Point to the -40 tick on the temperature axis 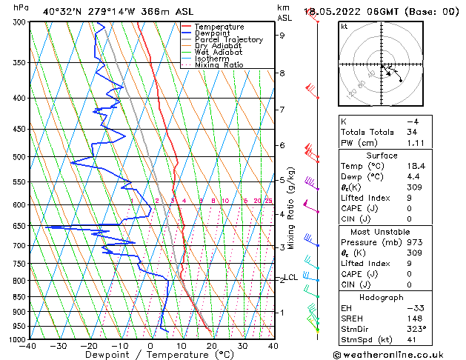[x=29, y=345]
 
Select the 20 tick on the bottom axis [x=212, y=345]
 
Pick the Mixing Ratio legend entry [x=219, y=65]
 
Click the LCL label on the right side [x=291, y=278]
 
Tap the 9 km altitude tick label [x=282, y=35]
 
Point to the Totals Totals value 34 [x=412, y=132]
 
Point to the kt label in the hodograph [x=344, y=26]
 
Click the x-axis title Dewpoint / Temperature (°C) [x=150, y=355]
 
